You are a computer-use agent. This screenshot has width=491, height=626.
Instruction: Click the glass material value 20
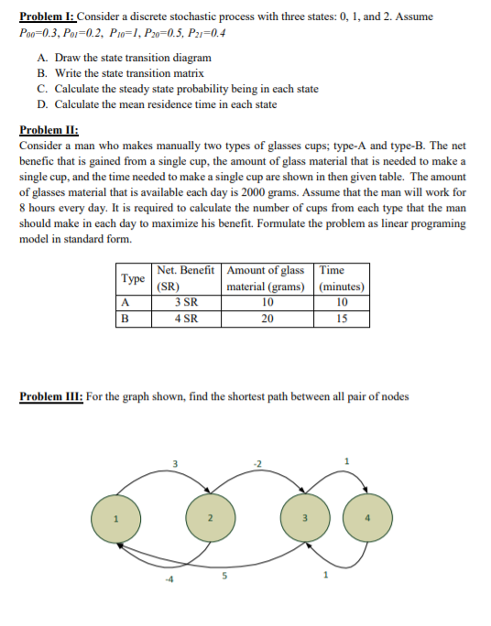pyautogui.click(x=267, y=318)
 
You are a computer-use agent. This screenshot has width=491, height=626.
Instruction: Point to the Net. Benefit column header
pyautogui.click(x=186, y=271)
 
